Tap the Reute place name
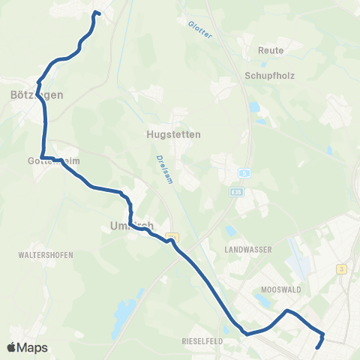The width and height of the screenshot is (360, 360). click(x=270, y=50)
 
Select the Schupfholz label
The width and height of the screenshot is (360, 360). click(x=267, y=75)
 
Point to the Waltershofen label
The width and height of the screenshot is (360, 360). click(x=45, y=255)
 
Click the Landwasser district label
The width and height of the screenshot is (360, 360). click(x=248, y=247)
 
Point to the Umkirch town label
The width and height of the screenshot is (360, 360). click(x=131, y=226)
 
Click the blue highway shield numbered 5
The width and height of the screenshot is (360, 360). click(x=245, y=173)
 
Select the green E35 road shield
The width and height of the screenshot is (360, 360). click(x=238, y=192)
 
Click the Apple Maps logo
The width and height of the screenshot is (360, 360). click(x=27, y=347)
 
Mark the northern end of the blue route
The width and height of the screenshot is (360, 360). click(x=95, y=13)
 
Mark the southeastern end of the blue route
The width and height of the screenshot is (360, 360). click(x=319, y=347)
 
